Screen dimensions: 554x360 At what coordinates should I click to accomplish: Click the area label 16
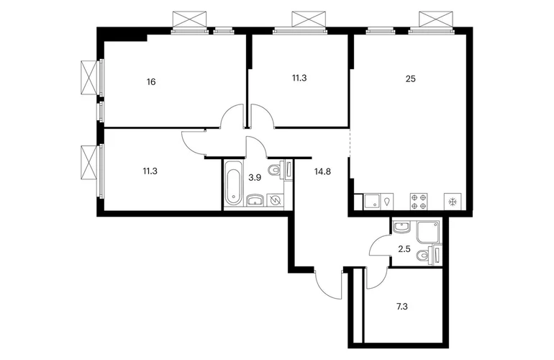pos(151,82)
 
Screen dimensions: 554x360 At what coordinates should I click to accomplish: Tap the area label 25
pos(411,79)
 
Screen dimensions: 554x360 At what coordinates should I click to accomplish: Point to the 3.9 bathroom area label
pos(255,178)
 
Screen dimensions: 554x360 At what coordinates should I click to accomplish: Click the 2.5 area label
pos(404,249)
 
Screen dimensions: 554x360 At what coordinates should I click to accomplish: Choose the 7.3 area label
pos(402,306)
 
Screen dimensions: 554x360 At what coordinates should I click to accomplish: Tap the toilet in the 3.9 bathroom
pos(278,169)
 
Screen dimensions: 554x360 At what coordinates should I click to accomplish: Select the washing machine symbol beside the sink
pos(276,201)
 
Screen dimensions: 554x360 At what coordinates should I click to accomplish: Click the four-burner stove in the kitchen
pos(419,202)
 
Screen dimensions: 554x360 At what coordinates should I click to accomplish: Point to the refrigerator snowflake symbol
pos(453,202)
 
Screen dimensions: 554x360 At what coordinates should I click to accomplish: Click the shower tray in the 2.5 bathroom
pos(428,233)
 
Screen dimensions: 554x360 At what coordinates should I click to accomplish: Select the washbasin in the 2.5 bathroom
pos(401,228)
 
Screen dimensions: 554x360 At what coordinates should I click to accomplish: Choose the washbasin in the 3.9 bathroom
pos(255,200)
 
